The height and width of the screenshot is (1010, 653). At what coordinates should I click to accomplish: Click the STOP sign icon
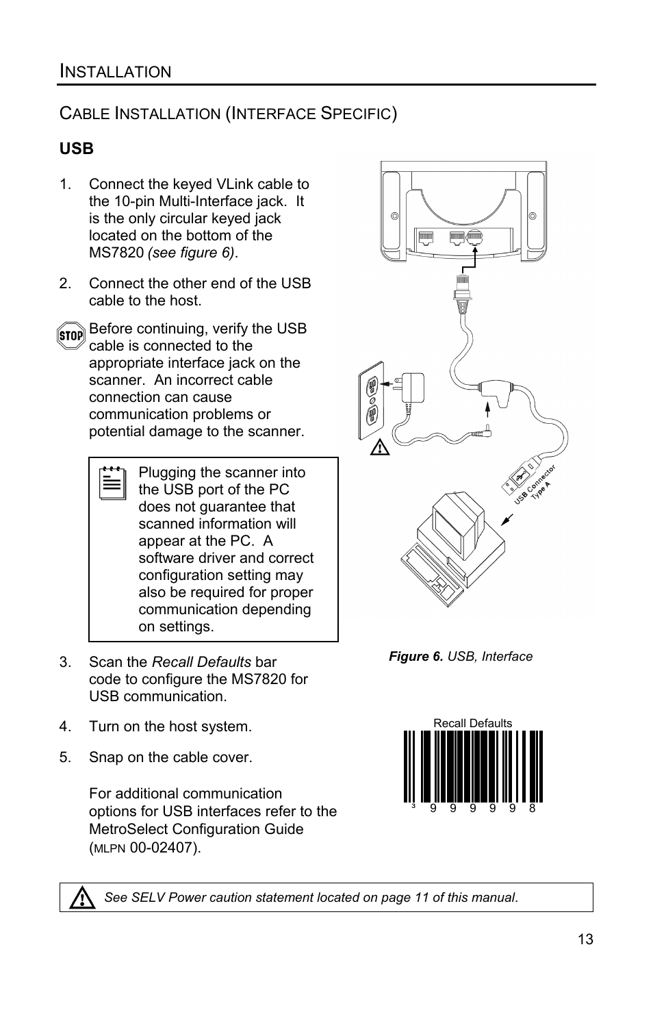[71, 336]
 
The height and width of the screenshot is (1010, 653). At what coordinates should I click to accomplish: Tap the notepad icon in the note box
[112, 483]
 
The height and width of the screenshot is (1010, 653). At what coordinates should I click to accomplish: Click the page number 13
[585, 939]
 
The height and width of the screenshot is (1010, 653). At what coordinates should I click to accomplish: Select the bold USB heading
[77, 149]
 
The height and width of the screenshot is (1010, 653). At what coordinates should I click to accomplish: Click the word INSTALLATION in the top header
[116, 71]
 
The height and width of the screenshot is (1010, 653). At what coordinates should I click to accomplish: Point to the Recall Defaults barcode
[473, 766]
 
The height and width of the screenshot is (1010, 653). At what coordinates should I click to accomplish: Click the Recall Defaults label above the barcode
[472, 723]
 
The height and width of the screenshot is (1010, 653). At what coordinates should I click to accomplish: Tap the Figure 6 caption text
[461, 657]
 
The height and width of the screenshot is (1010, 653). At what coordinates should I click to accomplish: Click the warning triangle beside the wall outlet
[380, 449]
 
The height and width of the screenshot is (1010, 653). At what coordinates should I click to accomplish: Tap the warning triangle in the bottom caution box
[82, 897]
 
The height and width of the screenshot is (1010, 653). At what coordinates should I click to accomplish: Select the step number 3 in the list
[64, 662]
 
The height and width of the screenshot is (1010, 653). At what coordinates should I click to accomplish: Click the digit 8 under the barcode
[533, 809]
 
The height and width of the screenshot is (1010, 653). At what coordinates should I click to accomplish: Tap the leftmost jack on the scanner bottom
[426, 238]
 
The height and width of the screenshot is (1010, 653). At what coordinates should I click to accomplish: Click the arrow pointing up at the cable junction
[487, 409]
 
